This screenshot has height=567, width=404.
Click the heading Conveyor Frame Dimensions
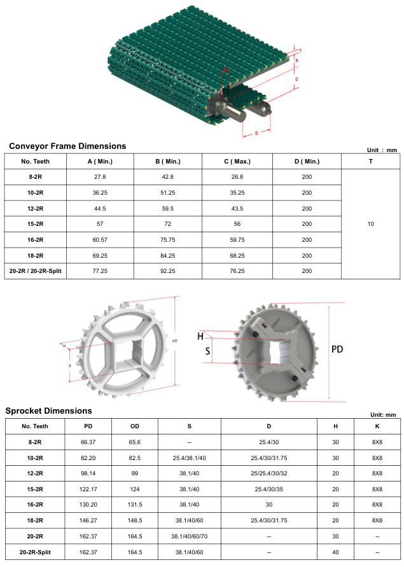(x=67, y=146)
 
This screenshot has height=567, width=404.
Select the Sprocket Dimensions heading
(x=48, y=411)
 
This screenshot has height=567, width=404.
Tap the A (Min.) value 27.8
(x=100, y=177)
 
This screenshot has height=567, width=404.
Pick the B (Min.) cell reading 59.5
(x=168, y=209)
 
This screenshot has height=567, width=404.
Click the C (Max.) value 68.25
(x=237, y=256)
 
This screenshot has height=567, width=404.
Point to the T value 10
(x=371, y=224)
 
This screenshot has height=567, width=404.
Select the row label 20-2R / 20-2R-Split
(x=36, y=271)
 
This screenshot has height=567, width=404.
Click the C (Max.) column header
(x=237, y=161)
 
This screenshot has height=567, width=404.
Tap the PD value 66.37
(x=88, y=442)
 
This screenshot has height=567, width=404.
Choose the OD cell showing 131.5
(x=135, y=505)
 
